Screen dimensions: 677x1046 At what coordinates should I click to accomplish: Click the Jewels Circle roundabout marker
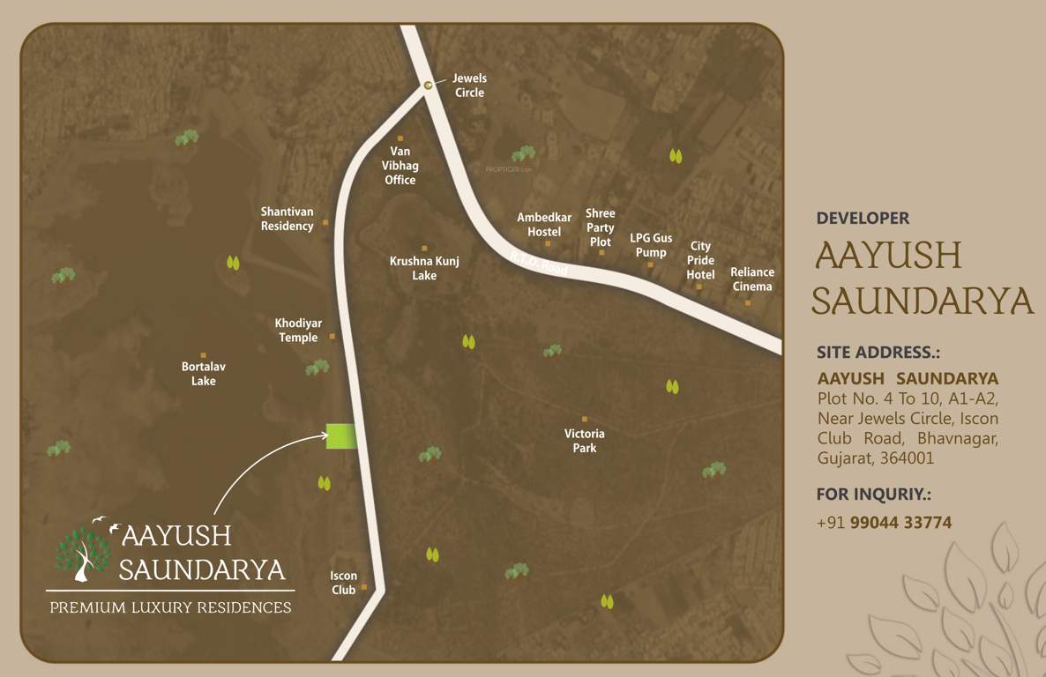pos(428,85)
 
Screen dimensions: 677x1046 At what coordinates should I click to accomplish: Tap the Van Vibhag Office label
pos(400,166)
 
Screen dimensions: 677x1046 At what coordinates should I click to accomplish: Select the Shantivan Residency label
pos(287,219)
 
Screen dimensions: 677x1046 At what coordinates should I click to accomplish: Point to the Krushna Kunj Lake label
pos(424,268)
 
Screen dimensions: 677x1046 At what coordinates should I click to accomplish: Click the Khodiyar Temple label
pos(298,331)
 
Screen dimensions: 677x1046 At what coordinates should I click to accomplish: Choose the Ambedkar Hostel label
pos(544,225)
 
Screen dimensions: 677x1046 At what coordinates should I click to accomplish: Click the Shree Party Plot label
pos(601,227)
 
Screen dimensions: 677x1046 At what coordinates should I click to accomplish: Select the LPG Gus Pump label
pos(651,245)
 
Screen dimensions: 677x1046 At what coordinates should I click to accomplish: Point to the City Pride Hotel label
pos(700,260)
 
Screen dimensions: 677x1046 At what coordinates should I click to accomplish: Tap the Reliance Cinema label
pos(752,279)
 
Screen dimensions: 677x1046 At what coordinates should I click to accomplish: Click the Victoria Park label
pos(585,441)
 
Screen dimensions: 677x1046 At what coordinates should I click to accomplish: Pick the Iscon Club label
pos(344,583)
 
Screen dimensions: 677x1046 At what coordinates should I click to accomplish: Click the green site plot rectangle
pos(341,436)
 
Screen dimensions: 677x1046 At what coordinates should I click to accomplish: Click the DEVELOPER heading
pos(863,218)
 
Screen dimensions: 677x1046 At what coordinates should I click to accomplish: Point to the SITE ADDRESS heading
pos(878,353)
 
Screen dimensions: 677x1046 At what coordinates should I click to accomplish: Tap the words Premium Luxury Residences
pos(170,607)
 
